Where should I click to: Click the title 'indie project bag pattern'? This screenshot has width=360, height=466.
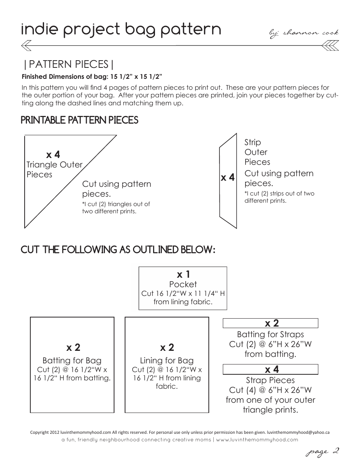pyautogui.click(x=121, y=30)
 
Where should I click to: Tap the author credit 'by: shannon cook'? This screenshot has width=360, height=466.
pyautogui.click(x=304, y=33)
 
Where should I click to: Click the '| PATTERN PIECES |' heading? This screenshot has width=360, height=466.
pyautogui.click(x=68, y=64)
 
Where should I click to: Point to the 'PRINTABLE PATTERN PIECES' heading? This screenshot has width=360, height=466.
pyautogui.click(x=79, y=120)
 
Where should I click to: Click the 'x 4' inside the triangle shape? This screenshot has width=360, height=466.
pyautogui.click(x=53, y=155)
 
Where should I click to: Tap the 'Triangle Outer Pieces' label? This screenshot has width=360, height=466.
pyautogui.click(x=54, y=169)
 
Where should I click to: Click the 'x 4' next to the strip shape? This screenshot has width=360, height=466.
pyautogui.click(x=228, y=177)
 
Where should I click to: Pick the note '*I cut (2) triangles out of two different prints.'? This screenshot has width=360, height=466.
pyautogui.click(x=116, y=208)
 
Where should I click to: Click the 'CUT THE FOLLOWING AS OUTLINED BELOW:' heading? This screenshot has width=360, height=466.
pyautogui.click(x=118, y=250)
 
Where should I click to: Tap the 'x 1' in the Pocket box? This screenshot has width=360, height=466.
pyautogui.click(x=183, y=274)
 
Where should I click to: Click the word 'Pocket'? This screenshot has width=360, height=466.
pyautogui.click(x=183, y=284)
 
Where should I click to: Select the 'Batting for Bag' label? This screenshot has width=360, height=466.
pyautogui.click(x=72, y=360)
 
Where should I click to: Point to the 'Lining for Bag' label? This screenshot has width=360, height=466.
pyautogui.click(x=167, y=360)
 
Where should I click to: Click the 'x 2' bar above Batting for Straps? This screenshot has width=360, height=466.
pyautogui.click(x=270, y=323)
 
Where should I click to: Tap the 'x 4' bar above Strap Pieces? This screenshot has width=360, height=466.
pyautogui.click(x=270, y=369)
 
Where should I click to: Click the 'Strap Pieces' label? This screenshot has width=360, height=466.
pyautogui.click(x=270, y=380)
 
